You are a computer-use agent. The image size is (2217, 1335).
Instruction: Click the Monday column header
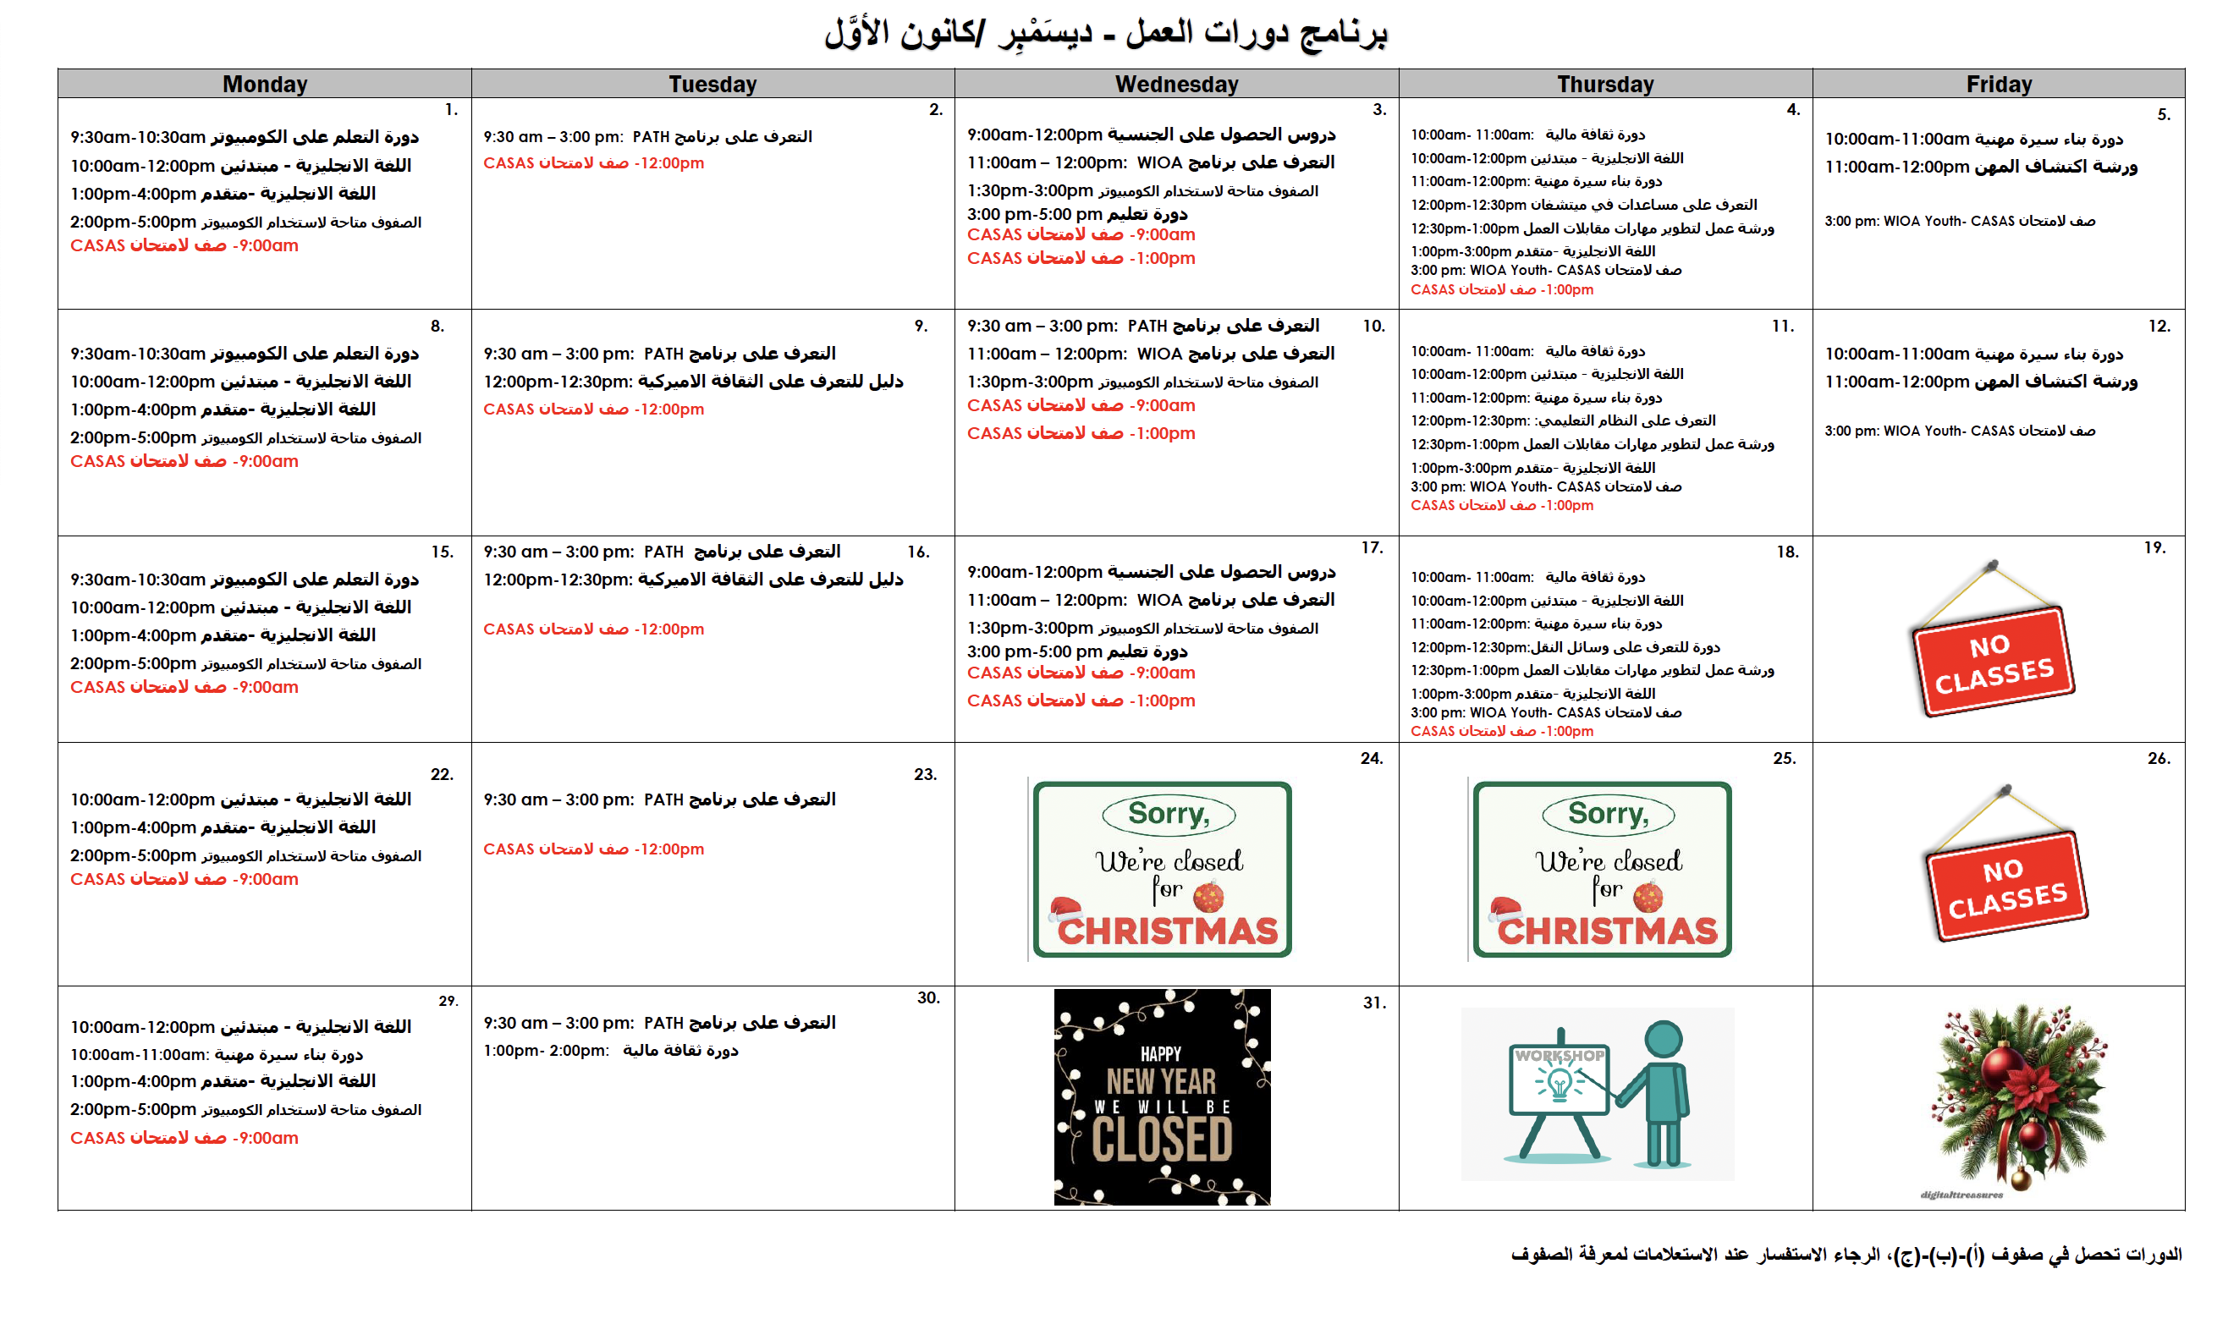(x=265, y=84)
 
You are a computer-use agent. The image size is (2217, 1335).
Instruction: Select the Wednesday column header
(x=1176, y=84)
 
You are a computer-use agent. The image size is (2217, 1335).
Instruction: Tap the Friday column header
(x=1999, y=84)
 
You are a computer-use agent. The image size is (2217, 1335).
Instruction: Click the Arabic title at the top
(x=1106, y=32)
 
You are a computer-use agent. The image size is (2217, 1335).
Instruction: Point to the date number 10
(x=1373, y=326)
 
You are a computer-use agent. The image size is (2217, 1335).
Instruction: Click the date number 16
(x=918, y=552)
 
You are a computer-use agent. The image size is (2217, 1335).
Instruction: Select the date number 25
(x=1783, y=758)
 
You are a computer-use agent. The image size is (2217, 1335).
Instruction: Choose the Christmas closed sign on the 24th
(x=1162, y=869)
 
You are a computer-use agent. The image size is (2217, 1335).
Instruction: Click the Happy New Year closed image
(x=1162, y=1096)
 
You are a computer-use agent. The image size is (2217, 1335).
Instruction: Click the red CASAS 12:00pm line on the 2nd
(x=593, y=162)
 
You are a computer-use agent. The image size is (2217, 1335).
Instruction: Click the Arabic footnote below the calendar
(x=1846, y=1254)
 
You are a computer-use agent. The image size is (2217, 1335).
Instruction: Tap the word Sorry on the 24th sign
(x=1169, y=814)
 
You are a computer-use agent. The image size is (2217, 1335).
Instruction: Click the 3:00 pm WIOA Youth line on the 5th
(x=1959, y=221)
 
